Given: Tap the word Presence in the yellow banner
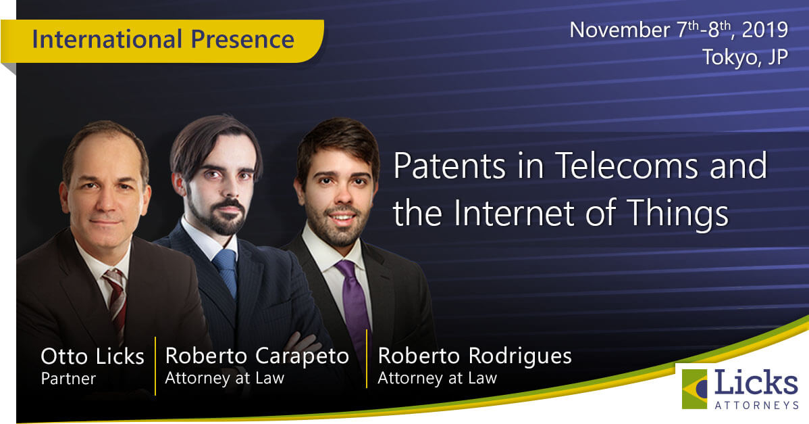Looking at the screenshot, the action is click(x=242, y=40).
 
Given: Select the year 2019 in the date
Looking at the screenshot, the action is click(x=765, y=30).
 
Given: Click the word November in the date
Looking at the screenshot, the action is click(x=620, y=30).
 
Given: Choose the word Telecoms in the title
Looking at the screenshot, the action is click(x=627, y=166).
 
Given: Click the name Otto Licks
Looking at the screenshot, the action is click(x=93, y=357).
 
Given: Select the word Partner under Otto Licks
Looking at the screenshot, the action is click(x=68, y=379).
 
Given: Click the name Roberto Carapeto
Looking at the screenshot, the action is click(x=257, y=356).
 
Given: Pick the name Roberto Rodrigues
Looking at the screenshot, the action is click(x=475, y=356).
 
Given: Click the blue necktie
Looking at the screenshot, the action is click(x=226, y=271).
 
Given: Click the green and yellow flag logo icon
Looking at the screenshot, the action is click(x=694, y=389).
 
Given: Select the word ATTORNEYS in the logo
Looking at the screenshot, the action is click(x=756, y=405).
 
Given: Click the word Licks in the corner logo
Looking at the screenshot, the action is click(x=756, y=383).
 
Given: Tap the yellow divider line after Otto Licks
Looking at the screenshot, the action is click(x=155, y=366).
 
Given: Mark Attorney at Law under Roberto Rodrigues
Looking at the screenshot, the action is click(x=437, y=379).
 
